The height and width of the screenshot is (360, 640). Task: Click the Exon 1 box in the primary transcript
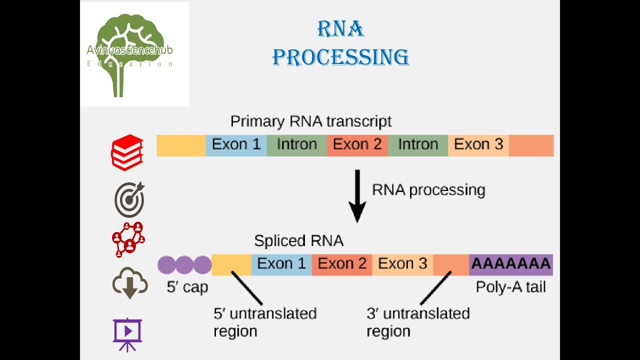236,145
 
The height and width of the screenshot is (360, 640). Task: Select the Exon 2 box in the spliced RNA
342,264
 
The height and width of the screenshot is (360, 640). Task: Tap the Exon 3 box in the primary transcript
478,145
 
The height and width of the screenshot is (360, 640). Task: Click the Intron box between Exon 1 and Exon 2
296,145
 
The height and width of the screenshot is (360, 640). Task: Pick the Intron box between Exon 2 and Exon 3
418,145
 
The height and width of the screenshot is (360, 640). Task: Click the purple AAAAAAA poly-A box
510,264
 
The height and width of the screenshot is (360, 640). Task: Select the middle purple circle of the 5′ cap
184,264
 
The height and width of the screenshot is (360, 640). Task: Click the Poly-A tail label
510,287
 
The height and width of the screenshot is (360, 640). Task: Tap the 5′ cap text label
187,287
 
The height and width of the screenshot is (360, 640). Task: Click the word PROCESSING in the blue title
340,57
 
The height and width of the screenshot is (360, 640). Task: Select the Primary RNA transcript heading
310,121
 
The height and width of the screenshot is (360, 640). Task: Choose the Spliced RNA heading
298,241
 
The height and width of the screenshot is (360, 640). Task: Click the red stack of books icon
127,152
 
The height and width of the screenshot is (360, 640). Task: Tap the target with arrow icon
129,199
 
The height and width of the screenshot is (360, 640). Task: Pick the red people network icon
128,239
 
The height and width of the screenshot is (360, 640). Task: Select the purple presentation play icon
127,332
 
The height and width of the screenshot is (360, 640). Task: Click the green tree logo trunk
118,82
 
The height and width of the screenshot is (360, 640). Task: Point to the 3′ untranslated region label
418,322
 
